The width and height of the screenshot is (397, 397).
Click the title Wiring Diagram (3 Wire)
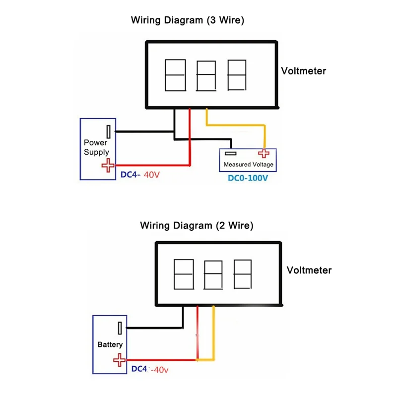[x=188, y=21]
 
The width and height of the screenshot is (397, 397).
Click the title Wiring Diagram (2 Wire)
[x=197, y=226]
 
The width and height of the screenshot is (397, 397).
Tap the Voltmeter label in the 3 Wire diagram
[x=304, y=71]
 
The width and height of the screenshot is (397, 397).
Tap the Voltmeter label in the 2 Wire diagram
[x=309, y=270]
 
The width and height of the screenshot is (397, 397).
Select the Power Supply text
[x=96, y=147]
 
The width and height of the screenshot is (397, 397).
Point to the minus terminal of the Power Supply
[x=108, y=132]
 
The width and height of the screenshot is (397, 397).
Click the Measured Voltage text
[x=249, y=165]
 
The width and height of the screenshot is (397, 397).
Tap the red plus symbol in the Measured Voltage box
[x=264, y=153]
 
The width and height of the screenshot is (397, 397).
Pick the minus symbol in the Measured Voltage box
[x=230, y=153]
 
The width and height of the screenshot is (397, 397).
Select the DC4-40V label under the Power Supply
[x=141, y=175]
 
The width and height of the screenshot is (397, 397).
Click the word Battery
[x=110, y=344]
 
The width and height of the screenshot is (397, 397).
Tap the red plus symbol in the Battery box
[x=119, y=360]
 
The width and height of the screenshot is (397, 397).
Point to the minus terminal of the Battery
[x=120, y=328]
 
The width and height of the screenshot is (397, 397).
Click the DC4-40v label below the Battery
[x=151, y=370]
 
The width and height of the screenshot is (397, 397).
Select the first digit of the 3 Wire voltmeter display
[x=175, y=75]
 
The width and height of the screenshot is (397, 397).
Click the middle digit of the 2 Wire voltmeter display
[x=213, y=274]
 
